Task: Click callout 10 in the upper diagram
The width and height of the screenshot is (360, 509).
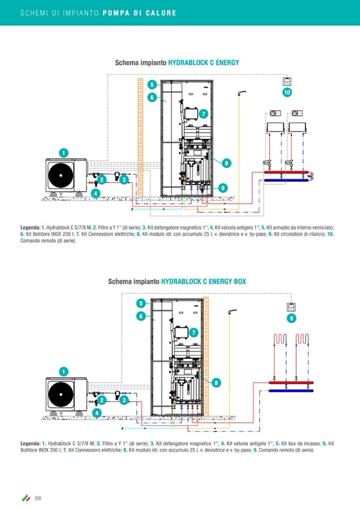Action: (x=287, y=92)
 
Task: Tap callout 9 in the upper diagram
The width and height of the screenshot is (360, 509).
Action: (x=222, y=187)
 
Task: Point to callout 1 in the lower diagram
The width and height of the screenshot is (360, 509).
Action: (x=64, y=371)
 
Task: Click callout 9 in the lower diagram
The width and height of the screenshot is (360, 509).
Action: (x=291, y=318)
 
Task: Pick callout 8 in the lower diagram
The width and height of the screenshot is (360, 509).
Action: (x=217, y=382)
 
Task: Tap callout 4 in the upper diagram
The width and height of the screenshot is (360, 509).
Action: (x=95, y=193)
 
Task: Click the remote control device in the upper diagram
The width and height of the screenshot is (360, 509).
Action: (x=287, y=81)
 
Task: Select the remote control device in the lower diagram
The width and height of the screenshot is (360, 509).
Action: (x=291, y=307)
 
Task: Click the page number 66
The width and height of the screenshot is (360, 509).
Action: (x=38, y=498)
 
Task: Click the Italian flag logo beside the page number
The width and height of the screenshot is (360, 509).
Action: (x=25, y=498)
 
